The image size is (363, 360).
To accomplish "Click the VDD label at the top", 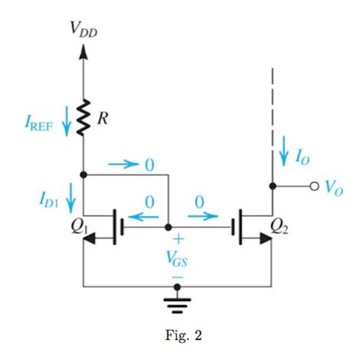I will [83, 31].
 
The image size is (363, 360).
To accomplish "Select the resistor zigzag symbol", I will [83, 116].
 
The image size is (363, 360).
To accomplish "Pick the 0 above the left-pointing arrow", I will [149, 201].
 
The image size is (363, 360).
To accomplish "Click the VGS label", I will [178, 259].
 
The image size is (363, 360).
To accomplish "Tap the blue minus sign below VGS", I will [178, 273].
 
